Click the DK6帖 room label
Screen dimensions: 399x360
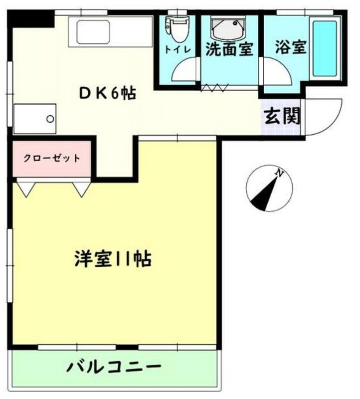coord(108,93)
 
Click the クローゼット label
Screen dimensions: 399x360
coord(52,159)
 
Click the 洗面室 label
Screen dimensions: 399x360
coord(229,49)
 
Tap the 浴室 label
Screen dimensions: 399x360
coord(290,48)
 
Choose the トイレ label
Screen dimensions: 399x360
coord(178,49)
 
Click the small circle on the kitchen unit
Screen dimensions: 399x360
coord(50,119)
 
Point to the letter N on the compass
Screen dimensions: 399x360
coord(280,174)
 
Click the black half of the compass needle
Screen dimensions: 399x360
coord(263,199)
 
